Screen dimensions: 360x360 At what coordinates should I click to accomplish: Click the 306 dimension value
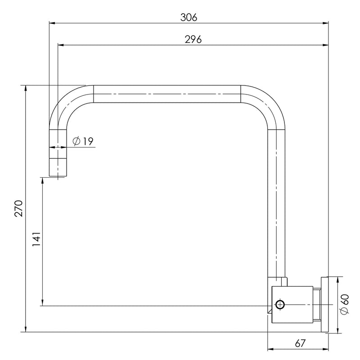[x=189, y=17]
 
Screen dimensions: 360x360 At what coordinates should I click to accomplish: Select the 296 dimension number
[x=193, y=39]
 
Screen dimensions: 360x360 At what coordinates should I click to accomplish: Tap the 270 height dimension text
[x=18, y=208]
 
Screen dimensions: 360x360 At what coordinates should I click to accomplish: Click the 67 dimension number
[x=300, y=343]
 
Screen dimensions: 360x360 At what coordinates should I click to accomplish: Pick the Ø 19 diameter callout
[x=83, y=142]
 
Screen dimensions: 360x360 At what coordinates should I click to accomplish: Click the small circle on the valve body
[x=280, y=305]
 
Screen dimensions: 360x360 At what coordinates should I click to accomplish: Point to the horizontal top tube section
[x=166, y=94]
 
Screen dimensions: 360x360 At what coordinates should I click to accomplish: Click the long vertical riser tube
[x=277, y=202]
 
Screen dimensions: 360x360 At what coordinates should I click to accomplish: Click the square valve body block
[x=293, y=305]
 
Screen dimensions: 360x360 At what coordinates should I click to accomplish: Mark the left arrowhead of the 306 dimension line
[x=51, y=22]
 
